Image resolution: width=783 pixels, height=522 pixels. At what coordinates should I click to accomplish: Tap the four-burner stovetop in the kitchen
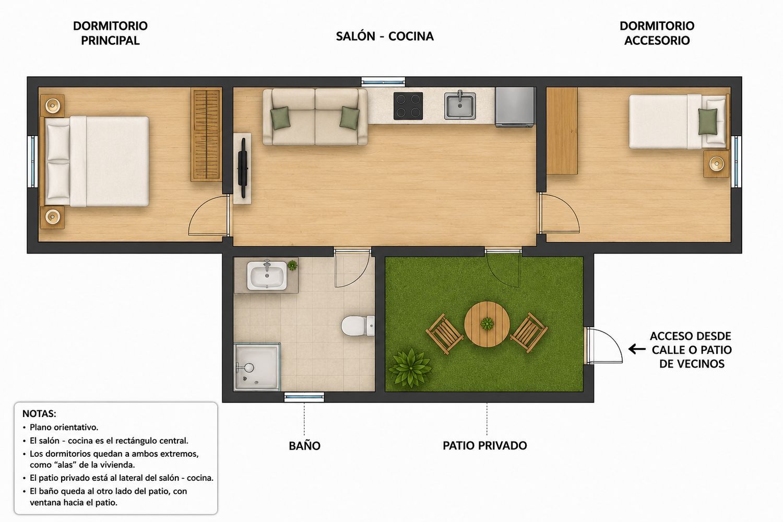click(408, 106)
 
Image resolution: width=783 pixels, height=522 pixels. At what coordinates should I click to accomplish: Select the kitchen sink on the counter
click(460, 105)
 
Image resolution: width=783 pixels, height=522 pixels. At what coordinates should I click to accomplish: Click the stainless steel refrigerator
click(515, 107)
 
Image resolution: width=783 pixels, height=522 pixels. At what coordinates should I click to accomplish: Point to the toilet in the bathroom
click(358, 326)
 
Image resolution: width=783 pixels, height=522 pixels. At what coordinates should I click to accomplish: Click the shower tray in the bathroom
click(257, 366)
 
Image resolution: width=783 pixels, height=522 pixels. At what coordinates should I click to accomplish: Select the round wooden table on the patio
click(487, 324)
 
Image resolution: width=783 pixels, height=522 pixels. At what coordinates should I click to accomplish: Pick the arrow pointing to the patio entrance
click(637, 349)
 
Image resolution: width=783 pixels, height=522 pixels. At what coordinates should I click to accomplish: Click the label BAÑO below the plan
click(304, 446)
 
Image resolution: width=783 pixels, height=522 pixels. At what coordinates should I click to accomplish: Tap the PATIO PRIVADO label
click(485, 445)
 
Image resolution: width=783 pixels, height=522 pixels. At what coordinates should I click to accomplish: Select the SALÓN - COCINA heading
click(385, 36)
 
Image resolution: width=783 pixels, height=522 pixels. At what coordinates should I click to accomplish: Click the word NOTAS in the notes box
click(39, 413)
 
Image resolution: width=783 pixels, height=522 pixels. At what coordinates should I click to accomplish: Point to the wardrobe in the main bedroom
click(206, 135)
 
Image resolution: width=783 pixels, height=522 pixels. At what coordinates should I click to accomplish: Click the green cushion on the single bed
click(707, 121)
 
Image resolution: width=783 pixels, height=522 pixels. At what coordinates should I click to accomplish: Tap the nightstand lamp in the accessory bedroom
click(717, 163)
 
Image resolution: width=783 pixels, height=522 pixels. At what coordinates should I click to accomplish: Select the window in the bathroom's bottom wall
click(304, 397)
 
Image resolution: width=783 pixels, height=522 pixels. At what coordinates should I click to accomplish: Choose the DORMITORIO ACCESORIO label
click(657, 33)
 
